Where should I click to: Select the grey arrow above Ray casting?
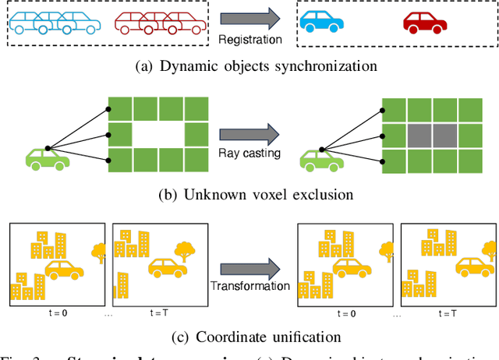pos(250,132)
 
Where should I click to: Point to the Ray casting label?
pos(250,154)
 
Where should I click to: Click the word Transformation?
pos(250,286)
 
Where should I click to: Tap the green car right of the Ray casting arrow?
pos(322,159)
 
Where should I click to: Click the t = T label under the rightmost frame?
pos(448,314)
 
